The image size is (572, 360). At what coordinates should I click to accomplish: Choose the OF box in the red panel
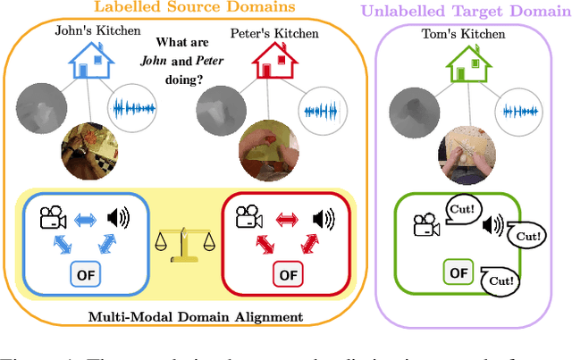click(x=288, y=274)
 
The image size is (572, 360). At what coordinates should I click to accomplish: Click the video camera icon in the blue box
click(x=50, y=217)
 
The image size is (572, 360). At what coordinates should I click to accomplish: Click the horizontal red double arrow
click(x=286, y=218)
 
